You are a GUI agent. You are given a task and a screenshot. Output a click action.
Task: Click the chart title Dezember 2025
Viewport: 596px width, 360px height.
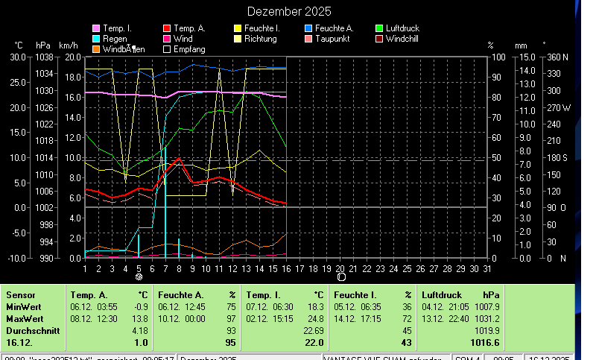coord(289,12)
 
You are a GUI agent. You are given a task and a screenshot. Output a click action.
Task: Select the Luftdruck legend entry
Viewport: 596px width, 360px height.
coord(402,28)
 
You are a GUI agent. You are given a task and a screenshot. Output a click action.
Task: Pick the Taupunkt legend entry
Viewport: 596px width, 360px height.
coord(335,39)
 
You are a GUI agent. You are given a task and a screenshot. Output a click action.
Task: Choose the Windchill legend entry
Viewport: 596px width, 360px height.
coord(407,39)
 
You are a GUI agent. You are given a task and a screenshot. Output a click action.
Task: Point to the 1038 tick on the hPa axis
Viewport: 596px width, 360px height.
coord(44,57)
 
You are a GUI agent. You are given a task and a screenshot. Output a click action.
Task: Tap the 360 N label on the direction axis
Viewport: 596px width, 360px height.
coord(558,57)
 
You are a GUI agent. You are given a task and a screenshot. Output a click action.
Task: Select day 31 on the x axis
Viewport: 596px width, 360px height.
coord(486,268)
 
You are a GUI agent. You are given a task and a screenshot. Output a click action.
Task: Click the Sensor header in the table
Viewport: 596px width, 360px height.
coord(20,295)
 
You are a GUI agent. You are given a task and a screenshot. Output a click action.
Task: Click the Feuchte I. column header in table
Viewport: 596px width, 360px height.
coord(356,295)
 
